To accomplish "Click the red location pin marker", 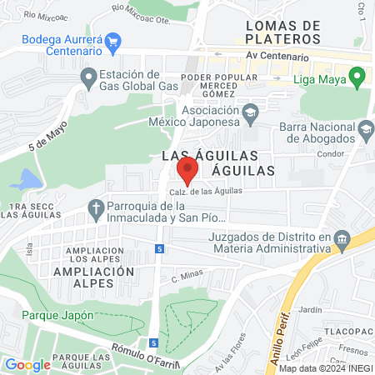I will click(187, 169).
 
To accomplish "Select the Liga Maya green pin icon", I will click(357, 80).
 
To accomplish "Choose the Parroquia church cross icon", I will click(97, 207).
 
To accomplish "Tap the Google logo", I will click(27, 364).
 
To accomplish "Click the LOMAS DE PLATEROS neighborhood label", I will click(283, 32).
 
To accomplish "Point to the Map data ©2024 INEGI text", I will click(326, 367).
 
